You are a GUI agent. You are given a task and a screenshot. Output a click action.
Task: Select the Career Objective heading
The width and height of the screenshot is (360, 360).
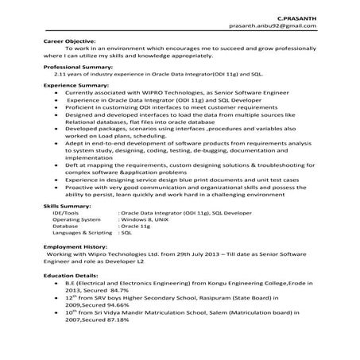tap(69, 40)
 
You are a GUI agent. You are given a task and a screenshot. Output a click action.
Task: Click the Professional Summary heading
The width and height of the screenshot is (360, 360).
tap(78, 67)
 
